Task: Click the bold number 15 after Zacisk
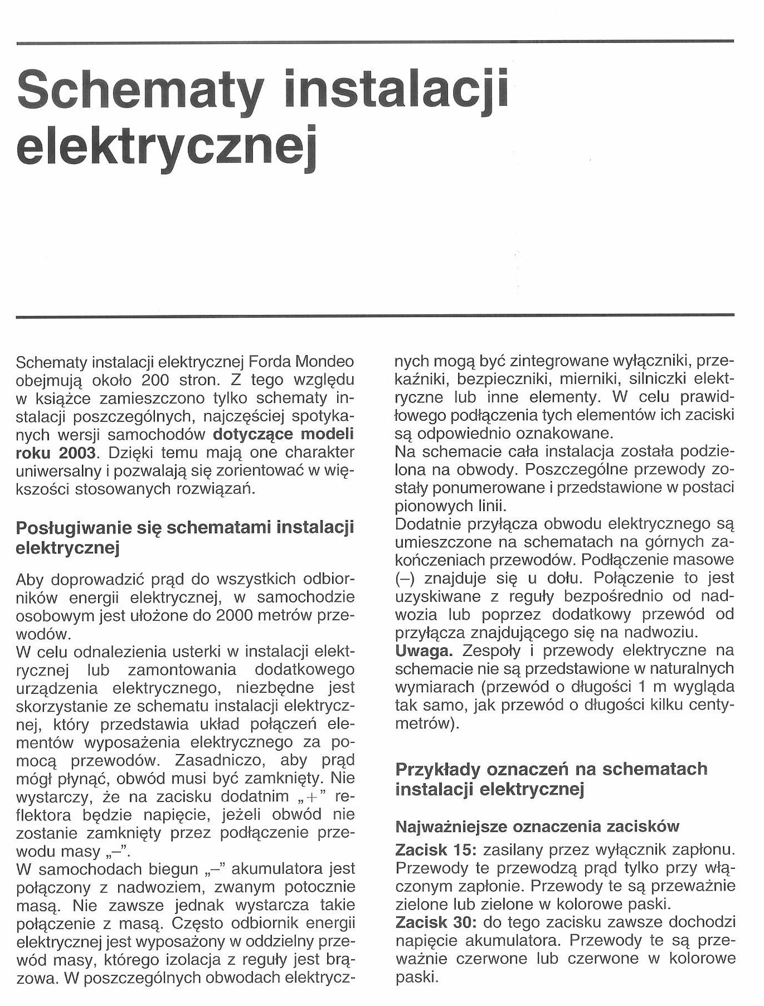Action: point(460,850)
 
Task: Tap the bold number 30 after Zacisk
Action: point(460,922)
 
